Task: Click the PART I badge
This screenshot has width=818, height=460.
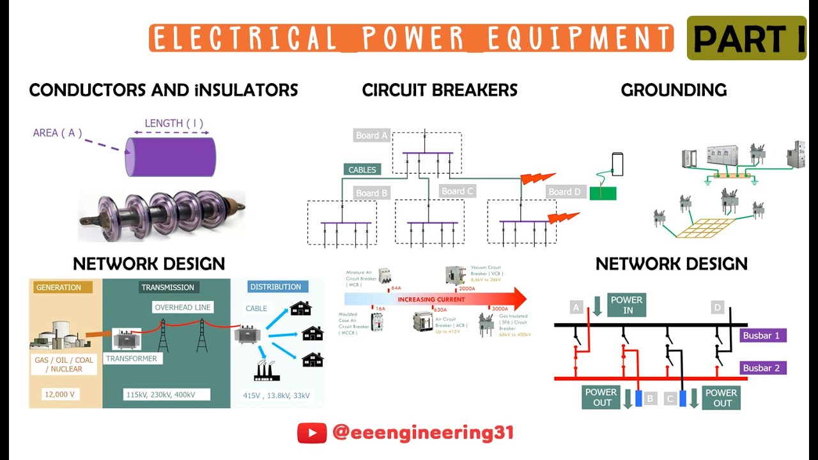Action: click(746, 39)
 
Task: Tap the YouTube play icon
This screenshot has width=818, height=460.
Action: click(312, 433)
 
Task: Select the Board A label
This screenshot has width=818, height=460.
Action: click(371, 135)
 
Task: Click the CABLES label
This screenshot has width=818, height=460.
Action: click(362, 170)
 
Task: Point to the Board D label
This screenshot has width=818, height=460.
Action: click(565, 192)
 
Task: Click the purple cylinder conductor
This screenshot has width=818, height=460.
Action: click(170, 157)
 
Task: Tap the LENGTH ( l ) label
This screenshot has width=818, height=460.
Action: click(173, 123)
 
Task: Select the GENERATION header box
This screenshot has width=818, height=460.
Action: click(59, 287)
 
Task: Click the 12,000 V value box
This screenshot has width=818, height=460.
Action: click(59, 394)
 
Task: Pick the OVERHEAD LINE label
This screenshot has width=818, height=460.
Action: click(182, 307)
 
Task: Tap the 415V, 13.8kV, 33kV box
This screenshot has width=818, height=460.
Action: click(276, 395)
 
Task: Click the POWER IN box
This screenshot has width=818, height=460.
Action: click(626, 305)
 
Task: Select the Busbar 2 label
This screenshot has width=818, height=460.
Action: click(764, 368)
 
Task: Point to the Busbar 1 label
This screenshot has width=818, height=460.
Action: click(764, 335)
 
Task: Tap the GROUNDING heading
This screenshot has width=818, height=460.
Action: click(674, 90)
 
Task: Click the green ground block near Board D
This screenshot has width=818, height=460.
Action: click(603, 193)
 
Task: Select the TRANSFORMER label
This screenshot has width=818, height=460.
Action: click(131, 358)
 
